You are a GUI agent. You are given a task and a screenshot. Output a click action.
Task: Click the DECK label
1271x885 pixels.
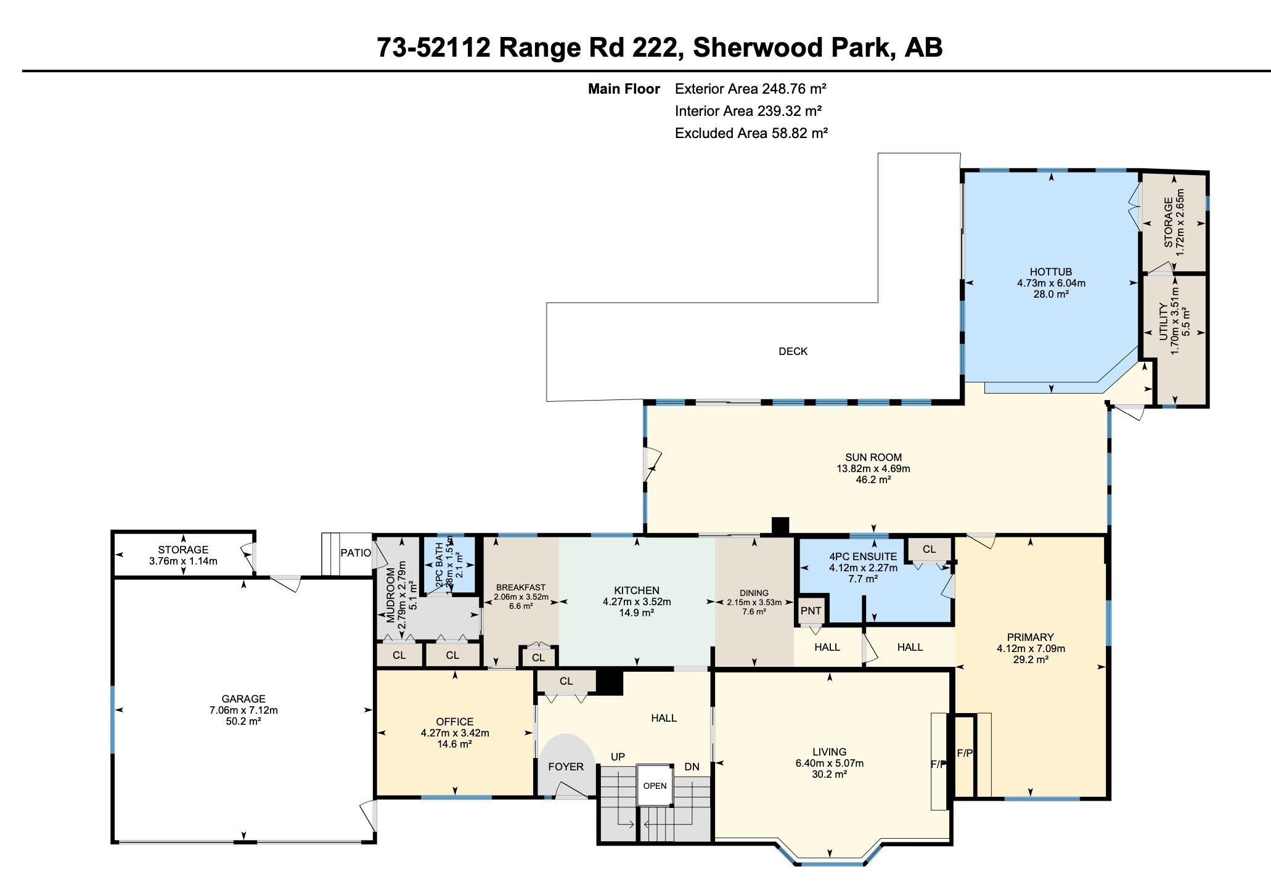pos(793,351)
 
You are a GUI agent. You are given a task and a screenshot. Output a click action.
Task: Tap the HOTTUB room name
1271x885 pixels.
pos(1050,272)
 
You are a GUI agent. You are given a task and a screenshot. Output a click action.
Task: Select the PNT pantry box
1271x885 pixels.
pos(811,611)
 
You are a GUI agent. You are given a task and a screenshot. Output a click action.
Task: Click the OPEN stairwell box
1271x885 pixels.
pos(655,786)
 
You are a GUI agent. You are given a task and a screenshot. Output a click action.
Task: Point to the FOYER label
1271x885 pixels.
pos(565,767)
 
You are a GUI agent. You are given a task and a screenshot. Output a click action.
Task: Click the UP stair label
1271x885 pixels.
pos(618,757)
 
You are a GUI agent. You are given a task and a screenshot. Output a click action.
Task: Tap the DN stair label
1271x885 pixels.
pos(692,767)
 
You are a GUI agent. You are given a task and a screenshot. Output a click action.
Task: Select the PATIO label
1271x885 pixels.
pos(356,553)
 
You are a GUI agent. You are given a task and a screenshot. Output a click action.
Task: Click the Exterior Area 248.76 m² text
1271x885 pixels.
pos(750,89)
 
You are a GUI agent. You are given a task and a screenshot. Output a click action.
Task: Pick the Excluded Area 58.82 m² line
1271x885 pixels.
pos(751,133)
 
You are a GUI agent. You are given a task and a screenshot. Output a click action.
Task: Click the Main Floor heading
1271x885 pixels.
pos(623,89)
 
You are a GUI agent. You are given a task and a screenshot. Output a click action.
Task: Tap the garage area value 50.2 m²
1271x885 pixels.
pos(243,721)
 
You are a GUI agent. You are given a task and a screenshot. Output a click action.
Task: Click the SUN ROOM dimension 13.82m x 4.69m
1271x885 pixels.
pos(873,468)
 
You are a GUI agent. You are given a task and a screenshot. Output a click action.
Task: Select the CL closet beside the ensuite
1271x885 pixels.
pos(929,549)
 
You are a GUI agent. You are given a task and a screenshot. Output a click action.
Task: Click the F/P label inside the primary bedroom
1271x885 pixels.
pos(965,753)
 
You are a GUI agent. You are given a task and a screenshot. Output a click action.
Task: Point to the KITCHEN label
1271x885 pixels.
pos(636,590)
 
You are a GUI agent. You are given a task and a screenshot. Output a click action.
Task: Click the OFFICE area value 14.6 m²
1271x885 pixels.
pos(454,744)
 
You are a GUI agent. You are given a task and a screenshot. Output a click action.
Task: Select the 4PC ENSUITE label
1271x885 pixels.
pos(862,557)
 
